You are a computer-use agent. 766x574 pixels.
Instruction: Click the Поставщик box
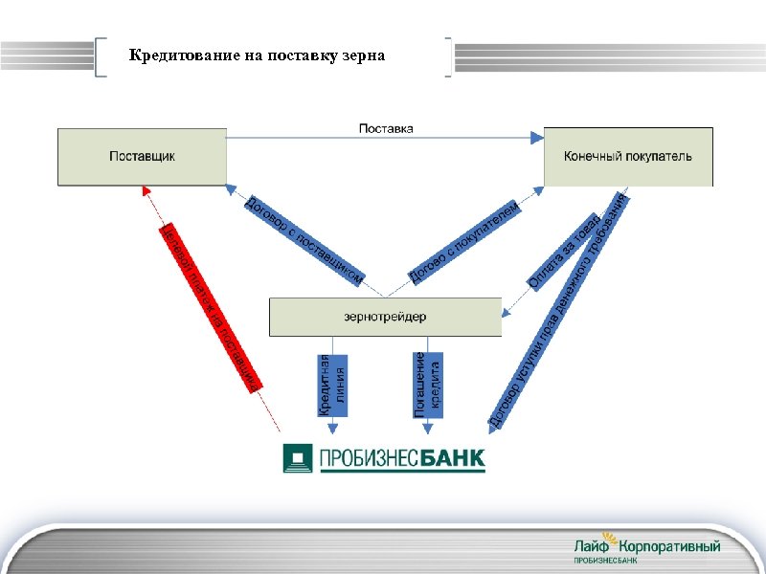click(x=142, y=156)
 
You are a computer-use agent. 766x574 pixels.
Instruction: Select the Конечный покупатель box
click(x=628, y=156)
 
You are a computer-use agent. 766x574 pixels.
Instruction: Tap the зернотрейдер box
click(x=385, y=317)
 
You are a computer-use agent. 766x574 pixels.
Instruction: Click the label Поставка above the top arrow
click(x=386, y=128)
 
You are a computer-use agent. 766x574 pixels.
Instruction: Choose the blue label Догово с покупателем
click(x=464, y=242)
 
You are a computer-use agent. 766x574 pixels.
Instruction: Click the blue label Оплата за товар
click(x=566, y=251)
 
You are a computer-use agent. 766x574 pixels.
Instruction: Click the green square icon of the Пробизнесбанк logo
click(x=299, y=457)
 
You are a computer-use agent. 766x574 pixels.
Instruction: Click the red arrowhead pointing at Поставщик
click(x=145, y=192)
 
